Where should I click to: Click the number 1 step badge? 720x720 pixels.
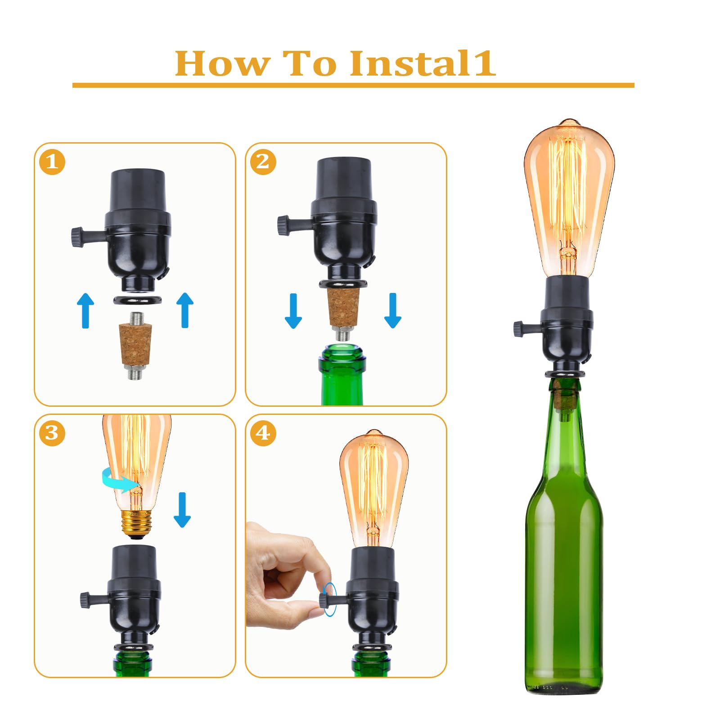click(52, 162)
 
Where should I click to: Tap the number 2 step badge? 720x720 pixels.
click(263, 162)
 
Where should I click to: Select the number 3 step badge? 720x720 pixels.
click(52, 433)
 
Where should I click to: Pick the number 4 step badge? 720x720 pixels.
click(263, 433)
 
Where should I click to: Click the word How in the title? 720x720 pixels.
click(222, 63)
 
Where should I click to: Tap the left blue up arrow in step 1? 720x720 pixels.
click(85, 310)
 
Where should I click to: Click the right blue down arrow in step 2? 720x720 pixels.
click(392, 310)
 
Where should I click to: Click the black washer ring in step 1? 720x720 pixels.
click(137, 300)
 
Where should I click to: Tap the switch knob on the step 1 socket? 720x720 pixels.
click(76, 237)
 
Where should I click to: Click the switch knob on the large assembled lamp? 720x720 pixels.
click(518, 329)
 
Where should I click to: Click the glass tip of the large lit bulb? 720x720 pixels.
click(569, 122)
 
